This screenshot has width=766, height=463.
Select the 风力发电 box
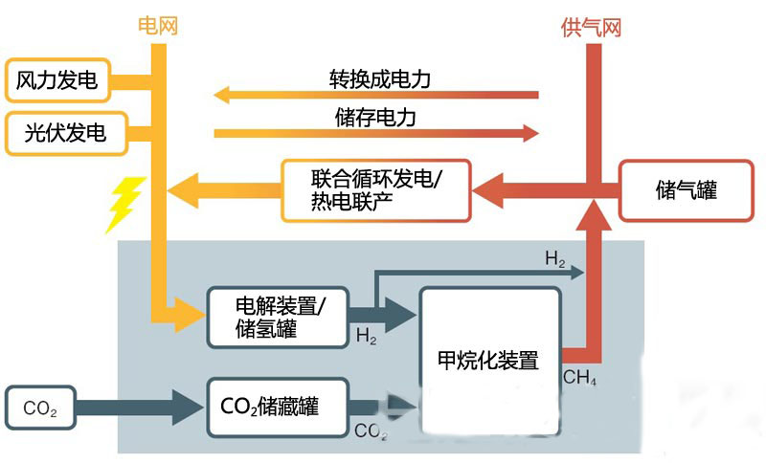tap(57, 82)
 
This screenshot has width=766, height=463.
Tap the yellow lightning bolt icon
tap(124, 204)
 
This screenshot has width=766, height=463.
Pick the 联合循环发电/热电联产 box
tap(376, 187)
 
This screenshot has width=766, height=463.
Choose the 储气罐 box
tap(681, 189)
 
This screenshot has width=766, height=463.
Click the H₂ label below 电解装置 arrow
tap(367, 337)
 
